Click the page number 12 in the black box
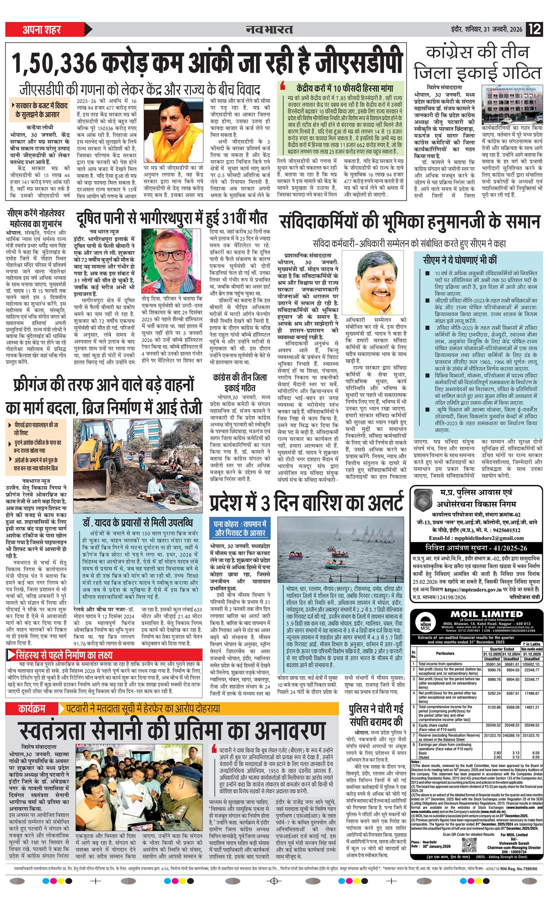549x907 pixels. click(x=535, y=29)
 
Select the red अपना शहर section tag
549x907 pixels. click(x=42, y=30)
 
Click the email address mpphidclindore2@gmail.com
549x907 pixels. click(x=486, y=538)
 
